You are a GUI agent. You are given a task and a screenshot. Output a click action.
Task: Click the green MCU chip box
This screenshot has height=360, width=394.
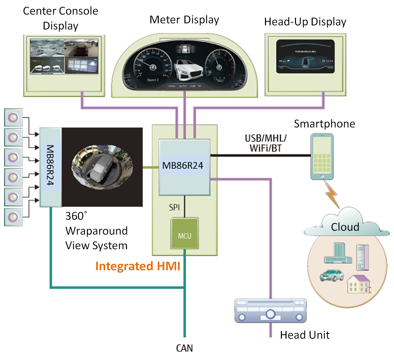(x=184, y=233)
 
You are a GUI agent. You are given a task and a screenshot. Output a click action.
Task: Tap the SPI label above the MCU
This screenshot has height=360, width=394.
(x=174, y=207)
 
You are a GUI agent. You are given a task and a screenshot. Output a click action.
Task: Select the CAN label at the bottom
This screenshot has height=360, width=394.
(x=184, y=348)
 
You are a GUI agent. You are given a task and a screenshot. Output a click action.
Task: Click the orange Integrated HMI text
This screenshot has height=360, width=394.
(x=138, y=266)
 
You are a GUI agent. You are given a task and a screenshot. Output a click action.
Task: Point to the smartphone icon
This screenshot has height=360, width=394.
(x=322, y=156)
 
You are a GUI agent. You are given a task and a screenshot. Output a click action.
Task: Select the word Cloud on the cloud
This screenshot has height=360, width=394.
(x=345, y=227)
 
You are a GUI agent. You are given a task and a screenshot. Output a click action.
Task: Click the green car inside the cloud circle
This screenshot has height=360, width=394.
(x=331, y=275)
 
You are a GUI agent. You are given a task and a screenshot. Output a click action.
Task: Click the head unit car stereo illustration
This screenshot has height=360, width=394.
(x=270, y=311)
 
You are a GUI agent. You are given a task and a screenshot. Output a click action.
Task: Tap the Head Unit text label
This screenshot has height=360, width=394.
(x=304, y=335)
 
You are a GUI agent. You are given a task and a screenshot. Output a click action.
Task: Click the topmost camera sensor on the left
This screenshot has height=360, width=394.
(x=13, y=118)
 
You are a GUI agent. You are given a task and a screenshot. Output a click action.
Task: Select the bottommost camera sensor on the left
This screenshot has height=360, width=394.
(x=13, y=217)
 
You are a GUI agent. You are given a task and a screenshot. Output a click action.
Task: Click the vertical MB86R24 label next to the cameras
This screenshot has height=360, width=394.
(x=50, y=165)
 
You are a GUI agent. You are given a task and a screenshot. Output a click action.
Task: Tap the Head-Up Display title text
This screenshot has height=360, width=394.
(x=305, y=22)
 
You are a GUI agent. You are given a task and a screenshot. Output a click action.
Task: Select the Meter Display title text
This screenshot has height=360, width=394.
(x=184, y=20)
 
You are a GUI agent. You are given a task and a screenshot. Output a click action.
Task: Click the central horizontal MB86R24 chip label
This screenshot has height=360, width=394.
(x=183, y=165)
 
